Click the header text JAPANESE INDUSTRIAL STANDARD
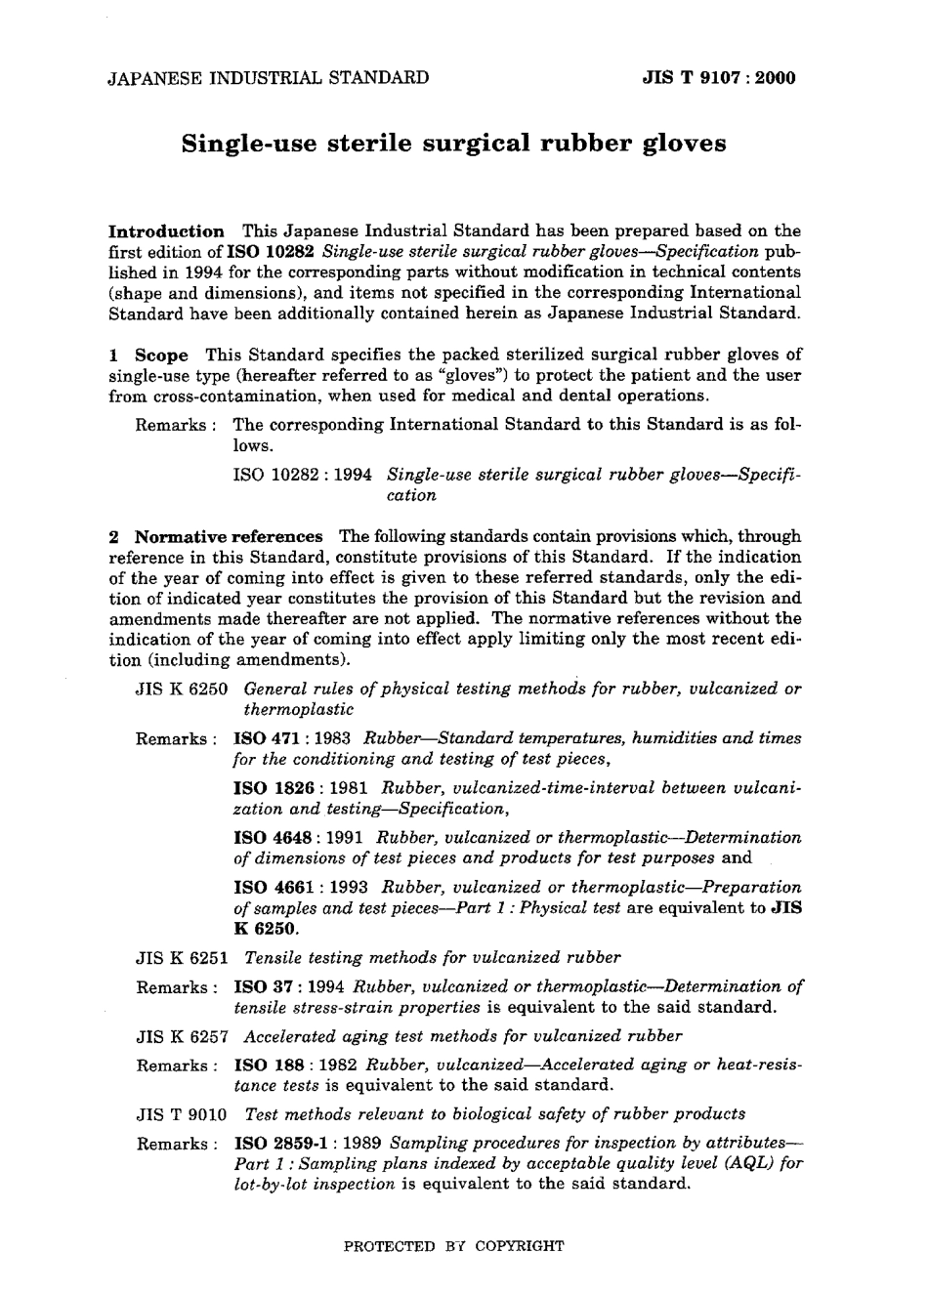[x=268, y=78]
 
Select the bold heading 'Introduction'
[x=165, y=231]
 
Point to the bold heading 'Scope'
[x=160, y=355]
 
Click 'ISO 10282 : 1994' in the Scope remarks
[x=302, y=475]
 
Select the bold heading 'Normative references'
[x=228, y=537]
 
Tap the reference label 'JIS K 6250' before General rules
[x=181, y=689]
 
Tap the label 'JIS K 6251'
[x=181, y=958]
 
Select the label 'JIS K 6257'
[x=181, y=1036]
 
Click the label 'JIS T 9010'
[x=181, y=1114]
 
